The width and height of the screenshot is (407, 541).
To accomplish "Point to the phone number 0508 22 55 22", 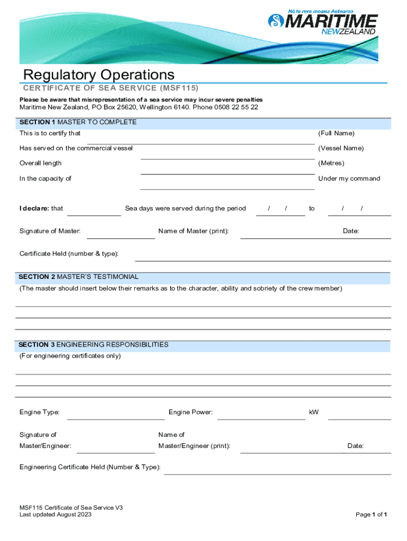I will (236, 107).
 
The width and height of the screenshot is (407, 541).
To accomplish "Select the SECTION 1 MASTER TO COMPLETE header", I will (78, 122).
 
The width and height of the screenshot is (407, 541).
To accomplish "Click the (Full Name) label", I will (336, 133).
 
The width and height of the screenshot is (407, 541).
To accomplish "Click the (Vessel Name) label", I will (340, 148).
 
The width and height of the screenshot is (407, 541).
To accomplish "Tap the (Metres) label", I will (331, 163).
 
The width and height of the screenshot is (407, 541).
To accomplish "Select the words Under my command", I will (349, 179).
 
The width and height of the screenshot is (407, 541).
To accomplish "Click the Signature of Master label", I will (50, 231).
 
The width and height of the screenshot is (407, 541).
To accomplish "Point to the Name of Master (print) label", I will (193, 231).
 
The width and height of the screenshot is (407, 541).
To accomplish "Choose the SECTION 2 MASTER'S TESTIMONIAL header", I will (79, 276).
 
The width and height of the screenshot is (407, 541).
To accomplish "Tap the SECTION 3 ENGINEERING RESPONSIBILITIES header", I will (94, 344).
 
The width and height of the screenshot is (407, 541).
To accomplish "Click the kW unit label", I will (314, 412).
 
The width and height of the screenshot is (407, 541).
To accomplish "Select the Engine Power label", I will (191, 412).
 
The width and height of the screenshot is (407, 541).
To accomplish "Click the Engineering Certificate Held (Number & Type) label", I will (90, 467).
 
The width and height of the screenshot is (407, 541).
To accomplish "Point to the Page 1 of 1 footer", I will (372, 514).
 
